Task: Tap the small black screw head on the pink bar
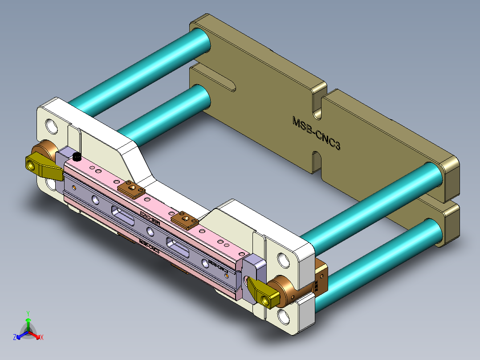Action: tap(77, 157)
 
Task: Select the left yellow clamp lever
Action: tap(42, 165)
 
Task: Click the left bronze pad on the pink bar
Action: tap(131, 189)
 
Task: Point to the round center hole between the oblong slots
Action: tap(149, 231)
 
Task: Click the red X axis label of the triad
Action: tap(41, 338)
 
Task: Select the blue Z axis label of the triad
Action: tap(15, 338)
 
